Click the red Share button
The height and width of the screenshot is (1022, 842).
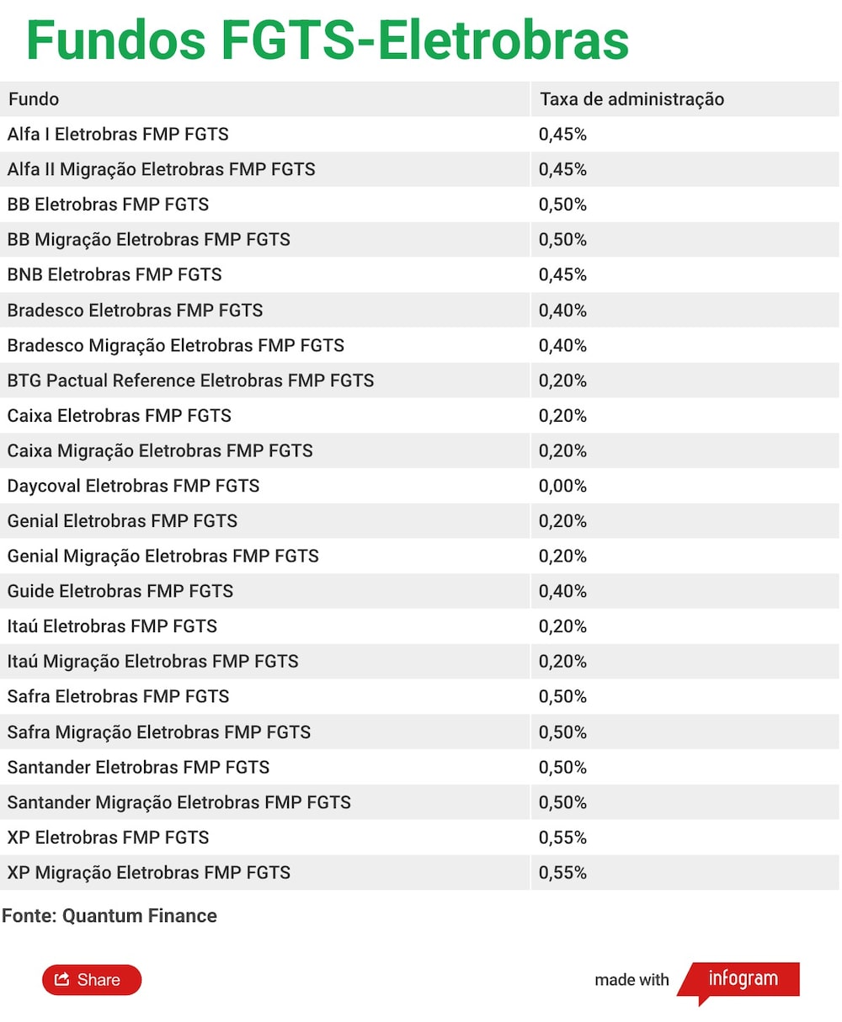coord(92,979)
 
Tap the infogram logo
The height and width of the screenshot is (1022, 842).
coord(739,981)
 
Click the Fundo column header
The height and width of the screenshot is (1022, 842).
coord(34,99)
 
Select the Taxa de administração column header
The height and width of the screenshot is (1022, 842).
coord(631,99)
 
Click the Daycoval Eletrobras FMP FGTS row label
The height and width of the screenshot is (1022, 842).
coord(133,486)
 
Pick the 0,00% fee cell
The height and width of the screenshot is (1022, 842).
coord(562,486)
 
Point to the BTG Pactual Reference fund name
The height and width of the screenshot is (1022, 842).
coord(190,381)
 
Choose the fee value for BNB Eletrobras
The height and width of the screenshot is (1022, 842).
coord(562,274)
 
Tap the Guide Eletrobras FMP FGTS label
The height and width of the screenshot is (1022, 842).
coord(120,591)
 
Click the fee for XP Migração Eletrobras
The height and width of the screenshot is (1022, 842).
coord(562,872)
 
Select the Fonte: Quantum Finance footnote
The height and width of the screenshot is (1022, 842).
coord(109,916)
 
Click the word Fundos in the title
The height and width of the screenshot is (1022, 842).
coord(116,40)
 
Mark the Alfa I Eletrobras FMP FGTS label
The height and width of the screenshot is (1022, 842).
coord(118,134)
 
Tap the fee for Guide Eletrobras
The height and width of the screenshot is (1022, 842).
coord(562,591)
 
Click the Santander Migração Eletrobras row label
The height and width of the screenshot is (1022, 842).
coord(179,802)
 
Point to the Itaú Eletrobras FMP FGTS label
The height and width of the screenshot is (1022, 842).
coord(112,626)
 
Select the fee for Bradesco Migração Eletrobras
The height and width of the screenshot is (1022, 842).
coord(562,345)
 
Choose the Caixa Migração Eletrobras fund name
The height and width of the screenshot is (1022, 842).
coord(160,450)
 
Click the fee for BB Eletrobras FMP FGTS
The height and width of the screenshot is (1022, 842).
coord(562,204)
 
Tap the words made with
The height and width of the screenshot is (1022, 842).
coord(631,980)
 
